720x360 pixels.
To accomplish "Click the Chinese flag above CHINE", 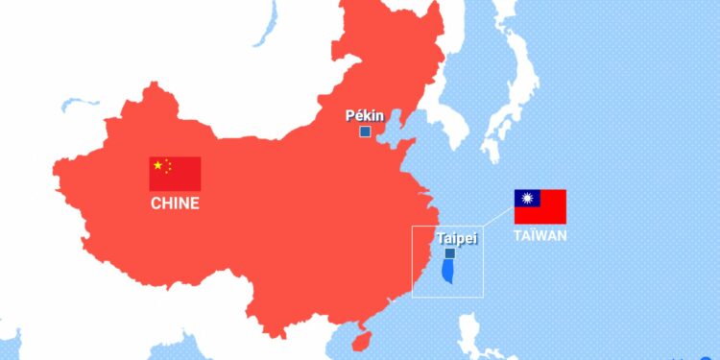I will coord(175,174).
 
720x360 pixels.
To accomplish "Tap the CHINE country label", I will coord(175,204).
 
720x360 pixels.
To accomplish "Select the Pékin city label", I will coord(365,116).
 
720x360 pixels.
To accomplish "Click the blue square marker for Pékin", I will coord(365,132).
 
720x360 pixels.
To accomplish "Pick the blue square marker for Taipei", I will coord(450,253).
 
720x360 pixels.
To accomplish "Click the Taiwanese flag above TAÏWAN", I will coord(540,206).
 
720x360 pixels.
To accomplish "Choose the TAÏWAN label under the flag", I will coord(540,235).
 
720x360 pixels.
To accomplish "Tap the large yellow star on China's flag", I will coord(158,165).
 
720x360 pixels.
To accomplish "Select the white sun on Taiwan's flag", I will coord(526,199).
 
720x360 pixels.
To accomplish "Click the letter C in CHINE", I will coord(156,204).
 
